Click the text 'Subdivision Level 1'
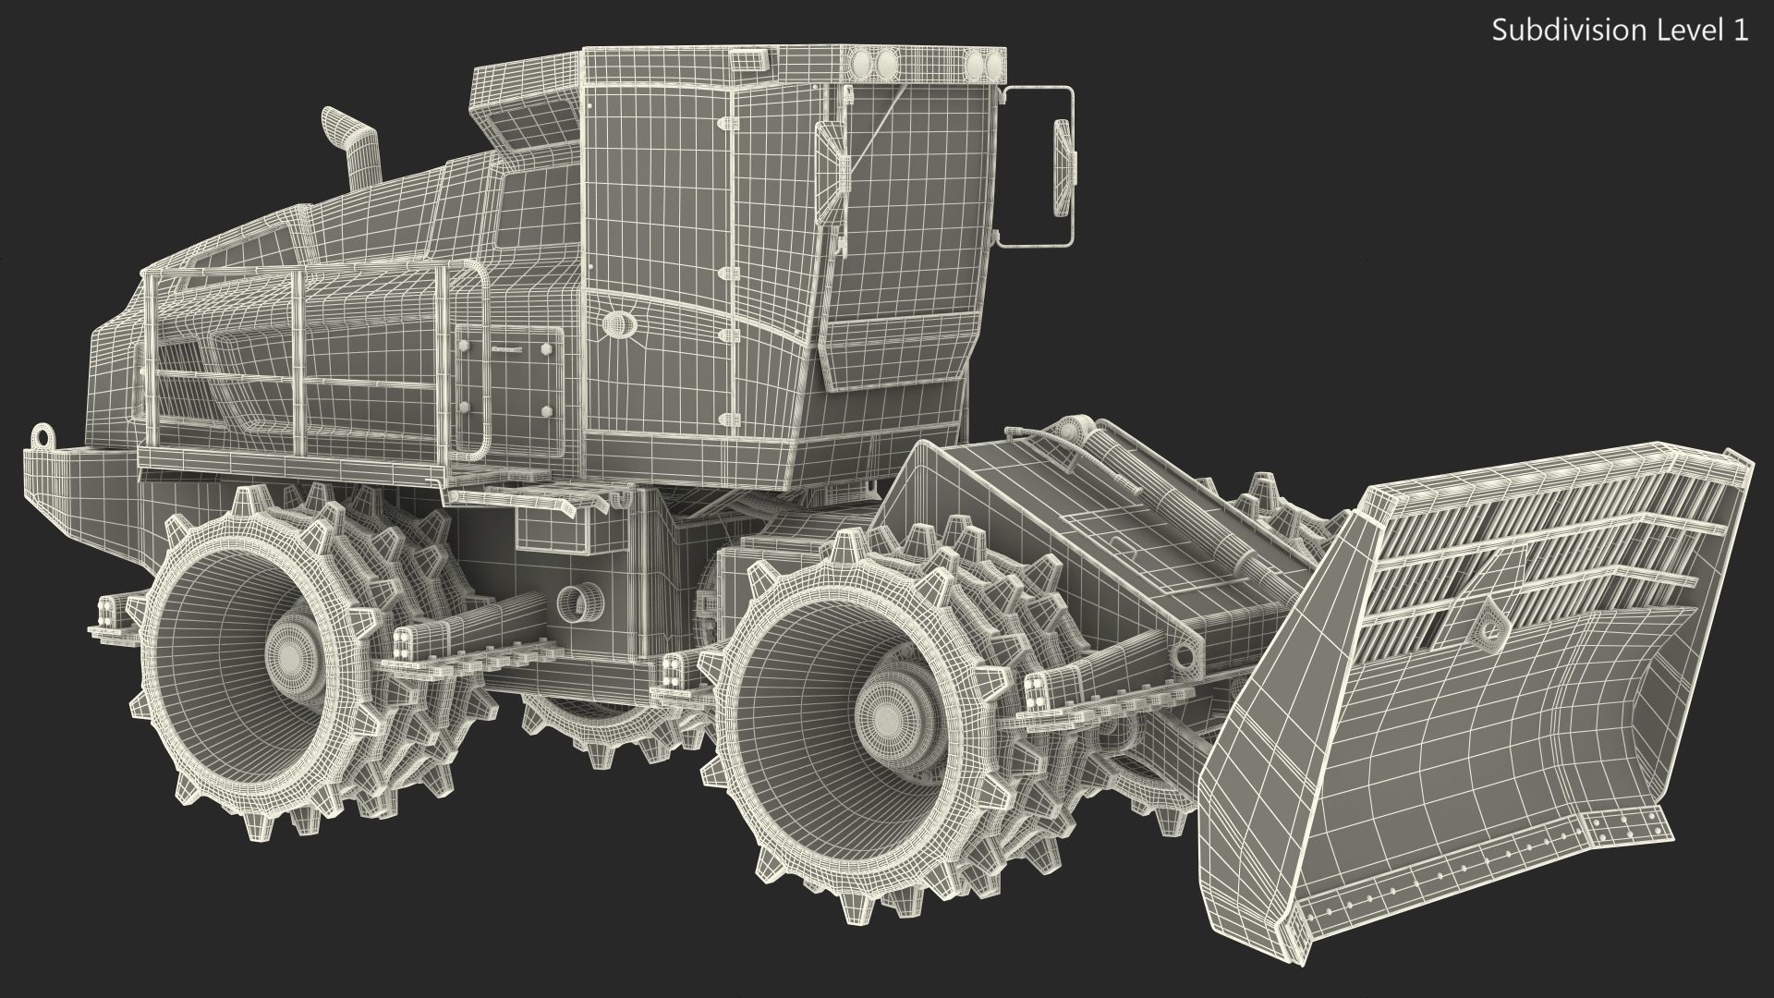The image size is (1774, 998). tap(1620, 30)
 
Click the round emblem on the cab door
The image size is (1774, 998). tap(616, 323)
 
